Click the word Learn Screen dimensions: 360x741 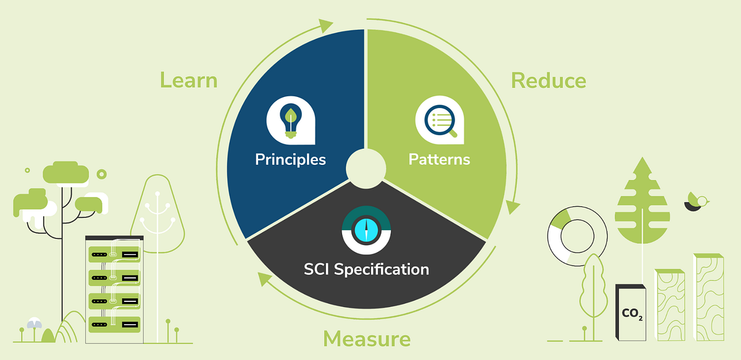(x=188, y=80)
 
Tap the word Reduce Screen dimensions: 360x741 (x=548, y=80)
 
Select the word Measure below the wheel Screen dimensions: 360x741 (x=367, y=338)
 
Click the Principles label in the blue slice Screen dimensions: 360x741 (x=290, y=159)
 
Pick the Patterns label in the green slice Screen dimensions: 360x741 (x=439, y=159)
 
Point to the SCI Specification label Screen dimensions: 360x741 (x=366, y=269)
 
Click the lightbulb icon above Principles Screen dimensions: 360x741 (x=289, y=120)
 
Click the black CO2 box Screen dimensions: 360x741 (x=631, y=311)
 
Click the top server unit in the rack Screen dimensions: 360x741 (x=115, y=254)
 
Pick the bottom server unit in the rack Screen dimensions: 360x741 (x=115, y=323)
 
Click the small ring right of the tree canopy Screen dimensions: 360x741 (x=101, y=175)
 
